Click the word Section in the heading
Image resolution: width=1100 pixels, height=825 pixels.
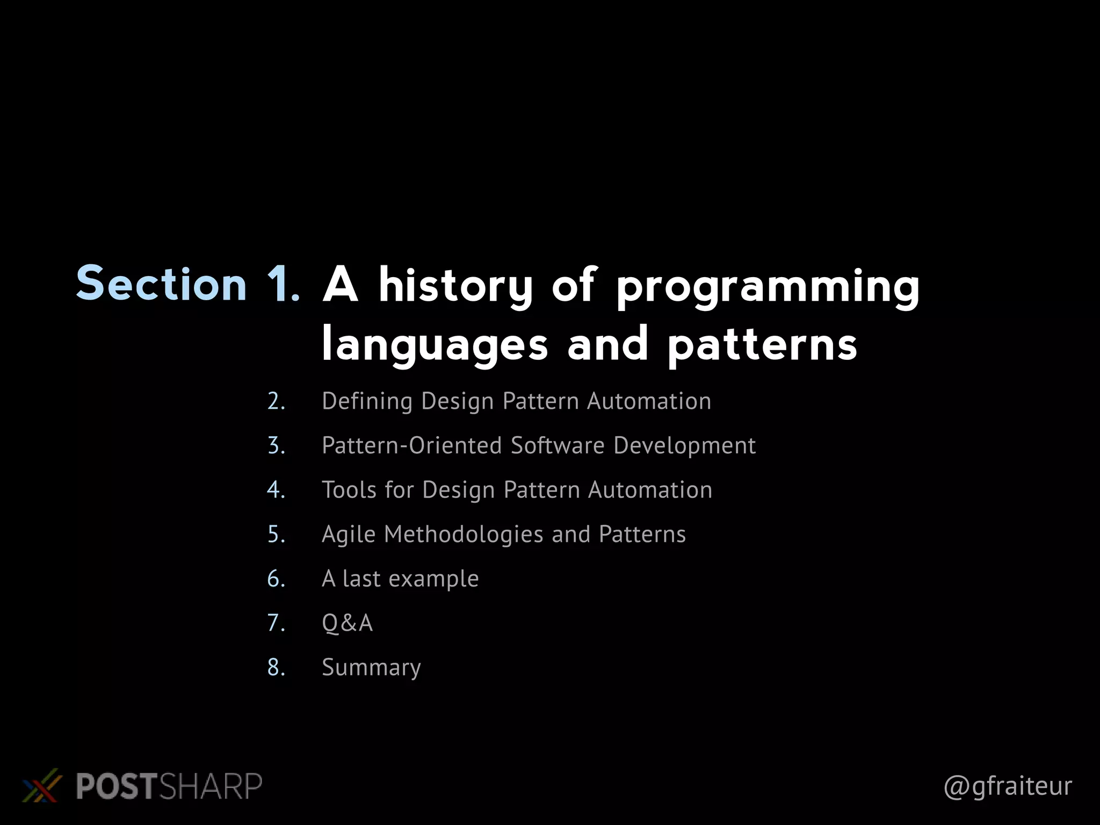point(161,284)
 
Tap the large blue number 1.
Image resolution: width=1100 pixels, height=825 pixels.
point(283,284)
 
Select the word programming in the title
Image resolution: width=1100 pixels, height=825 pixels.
point(768,288)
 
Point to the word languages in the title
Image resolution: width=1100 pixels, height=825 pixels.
point(435,345)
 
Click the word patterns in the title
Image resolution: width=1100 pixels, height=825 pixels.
point(763,345)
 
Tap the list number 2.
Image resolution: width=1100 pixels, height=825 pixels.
point(276,401)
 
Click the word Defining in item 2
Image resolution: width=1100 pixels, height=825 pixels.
point(367,401)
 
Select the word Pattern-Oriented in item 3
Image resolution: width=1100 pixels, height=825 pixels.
point(411,445)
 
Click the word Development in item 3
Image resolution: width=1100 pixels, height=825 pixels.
point(684,445)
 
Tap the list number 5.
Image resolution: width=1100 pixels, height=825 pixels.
point(276,534)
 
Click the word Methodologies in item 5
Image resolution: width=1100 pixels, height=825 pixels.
point(464,534)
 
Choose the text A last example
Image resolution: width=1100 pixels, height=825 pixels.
point(400,579)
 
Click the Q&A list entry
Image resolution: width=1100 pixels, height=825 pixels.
point(347,623)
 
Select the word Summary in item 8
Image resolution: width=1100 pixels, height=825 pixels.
point(371,668)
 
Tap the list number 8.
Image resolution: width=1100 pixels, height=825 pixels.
point(276,668)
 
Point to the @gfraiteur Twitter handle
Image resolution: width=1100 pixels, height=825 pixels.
point(1008,786)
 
